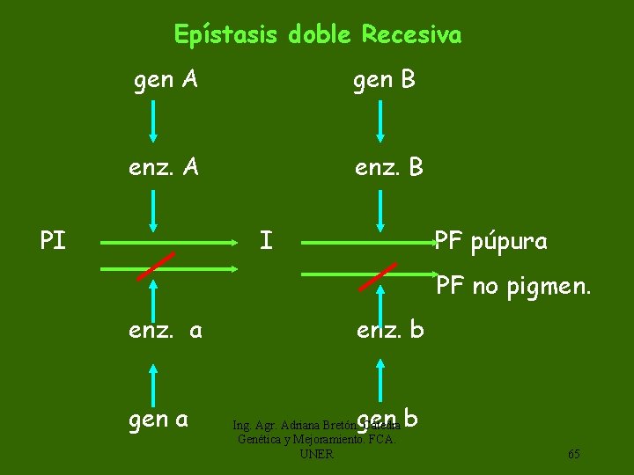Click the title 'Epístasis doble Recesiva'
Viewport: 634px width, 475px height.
click(x=317, y=34)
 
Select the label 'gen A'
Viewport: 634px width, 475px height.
click(x=165, y=80)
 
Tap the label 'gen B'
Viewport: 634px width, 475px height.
click(x=384, y=80)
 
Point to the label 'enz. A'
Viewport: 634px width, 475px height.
click(x=163, y=166)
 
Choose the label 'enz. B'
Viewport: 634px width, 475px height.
click(x=388, y=166)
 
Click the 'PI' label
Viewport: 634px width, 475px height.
click(x=53, y=240)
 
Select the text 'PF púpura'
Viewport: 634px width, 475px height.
click(x=491, y=241)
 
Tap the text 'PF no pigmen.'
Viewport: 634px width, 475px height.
click(x=513, y=285)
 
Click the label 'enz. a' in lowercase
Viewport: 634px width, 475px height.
click(x=166, y=331)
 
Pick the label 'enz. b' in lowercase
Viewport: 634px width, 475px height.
click(x=390, y=331)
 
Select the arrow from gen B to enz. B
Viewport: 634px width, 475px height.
click(x=380, y=121)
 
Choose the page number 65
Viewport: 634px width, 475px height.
click(x=573, y=454)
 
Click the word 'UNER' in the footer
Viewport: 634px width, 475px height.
click(x=316, y=454)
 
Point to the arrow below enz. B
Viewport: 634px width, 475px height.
click(x=380, y=209)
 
